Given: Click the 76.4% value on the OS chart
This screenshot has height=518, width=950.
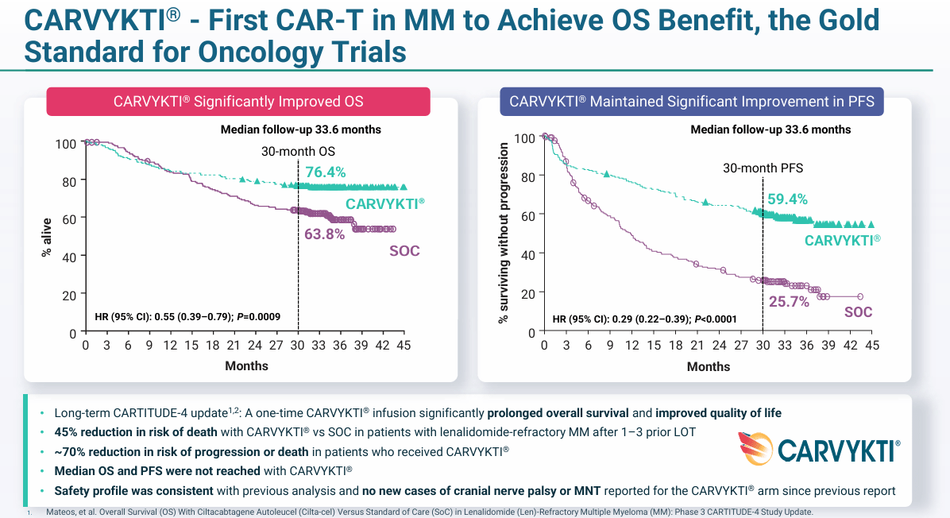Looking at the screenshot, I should (326, 171).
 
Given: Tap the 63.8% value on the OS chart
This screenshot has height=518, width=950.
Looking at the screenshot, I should (325, 234).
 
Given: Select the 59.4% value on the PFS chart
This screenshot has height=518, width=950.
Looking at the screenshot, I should (786, 199).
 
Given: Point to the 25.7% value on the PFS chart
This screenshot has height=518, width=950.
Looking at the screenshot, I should (789, 302).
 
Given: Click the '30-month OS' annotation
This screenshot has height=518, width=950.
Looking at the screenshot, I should (299, 151).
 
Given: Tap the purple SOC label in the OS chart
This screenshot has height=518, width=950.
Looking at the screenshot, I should (404, 251).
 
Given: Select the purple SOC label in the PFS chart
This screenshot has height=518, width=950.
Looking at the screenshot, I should (858, 312).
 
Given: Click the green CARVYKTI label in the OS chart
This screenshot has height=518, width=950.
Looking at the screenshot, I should (384, 203).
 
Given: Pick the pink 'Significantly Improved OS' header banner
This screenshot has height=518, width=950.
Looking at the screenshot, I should (238, 102).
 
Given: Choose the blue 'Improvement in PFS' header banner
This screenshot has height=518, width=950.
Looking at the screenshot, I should (691, 102).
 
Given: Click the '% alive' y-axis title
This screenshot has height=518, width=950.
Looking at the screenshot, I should (47, 237).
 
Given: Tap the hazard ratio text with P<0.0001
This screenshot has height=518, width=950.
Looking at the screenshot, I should (644, 319).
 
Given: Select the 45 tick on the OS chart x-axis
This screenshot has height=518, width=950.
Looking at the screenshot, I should (404, 346).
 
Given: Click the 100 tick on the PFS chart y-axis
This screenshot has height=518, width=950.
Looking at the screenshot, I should (525, 138).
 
